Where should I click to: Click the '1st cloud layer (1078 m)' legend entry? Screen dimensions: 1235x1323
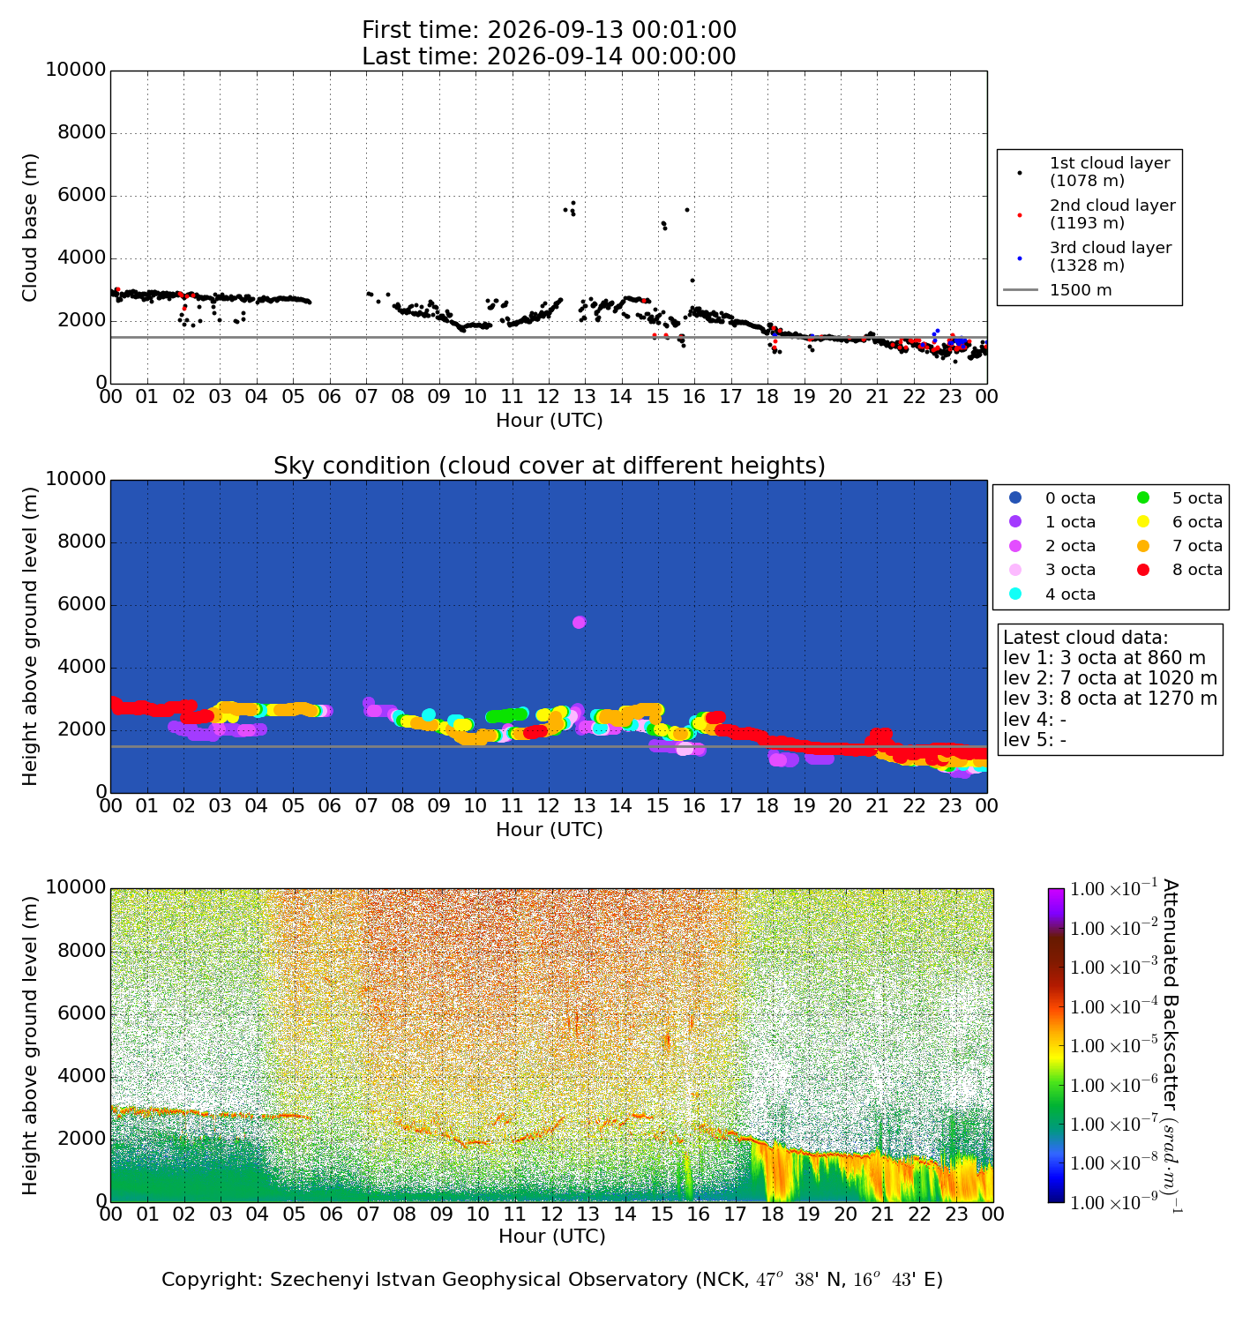point(1100,172)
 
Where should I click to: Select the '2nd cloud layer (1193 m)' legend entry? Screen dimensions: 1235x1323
point(1100,213)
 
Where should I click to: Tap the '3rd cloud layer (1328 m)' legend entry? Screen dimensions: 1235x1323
point(1100,257)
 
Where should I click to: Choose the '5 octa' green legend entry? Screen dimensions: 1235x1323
point(1179,497)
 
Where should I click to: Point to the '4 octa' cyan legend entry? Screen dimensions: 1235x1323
point(1053,594)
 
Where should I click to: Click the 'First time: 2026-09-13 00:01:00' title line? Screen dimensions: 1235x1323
point(549,30)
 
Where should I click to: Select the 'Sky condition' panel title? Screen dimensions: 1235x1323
point(549,466)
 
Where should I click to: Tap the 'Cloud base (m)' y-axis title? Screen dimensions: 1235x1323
point(30,228)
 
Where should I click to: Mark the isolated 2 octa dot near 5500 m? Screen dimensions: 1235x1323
point(580,622)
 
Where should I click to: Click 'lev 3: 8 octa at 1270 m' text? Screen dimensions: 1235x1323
point(1110,699)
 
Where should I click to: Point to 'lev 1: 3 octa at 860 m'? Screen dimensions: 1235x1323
point(1104,657)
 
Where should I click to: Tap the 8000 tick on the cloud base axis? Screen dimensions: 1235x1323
point(81,132)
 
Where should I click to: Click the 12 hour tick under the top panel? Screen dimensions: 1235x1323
point(548,396)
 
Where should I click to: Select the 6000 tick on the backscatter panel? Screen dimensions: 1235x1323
point(81,1013)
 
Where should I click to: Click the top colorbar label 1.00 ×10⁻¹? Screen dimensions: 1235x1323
point(1113,887)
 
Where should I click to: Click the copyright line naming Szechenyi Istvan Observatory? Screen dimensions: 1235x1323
point(552,1280)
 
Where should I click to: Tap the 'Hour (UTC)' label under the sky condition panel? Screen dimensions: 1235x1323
point(550,829)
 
